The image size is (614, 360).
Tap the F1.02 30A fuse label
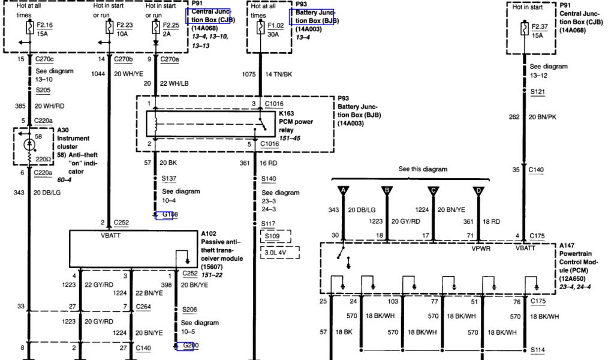click(x=277, y=25)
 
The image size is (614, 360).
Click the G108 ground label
click(x=164, y=215)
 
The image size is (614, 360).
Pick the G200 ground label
click(x=183, y=346)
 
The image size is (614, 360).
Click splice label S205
click(x=43, y=90)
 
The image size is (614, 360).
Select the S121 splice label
click(x=538, y=91)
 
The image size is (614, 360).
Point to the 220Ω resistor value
click(x=42, y=159)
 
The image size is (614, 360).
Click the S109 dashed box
click(x=275, y=237)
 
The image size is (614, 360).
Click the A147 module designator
click(x=568, y=246)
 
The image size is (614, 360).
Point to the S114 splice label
click(x=538, y=349)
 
